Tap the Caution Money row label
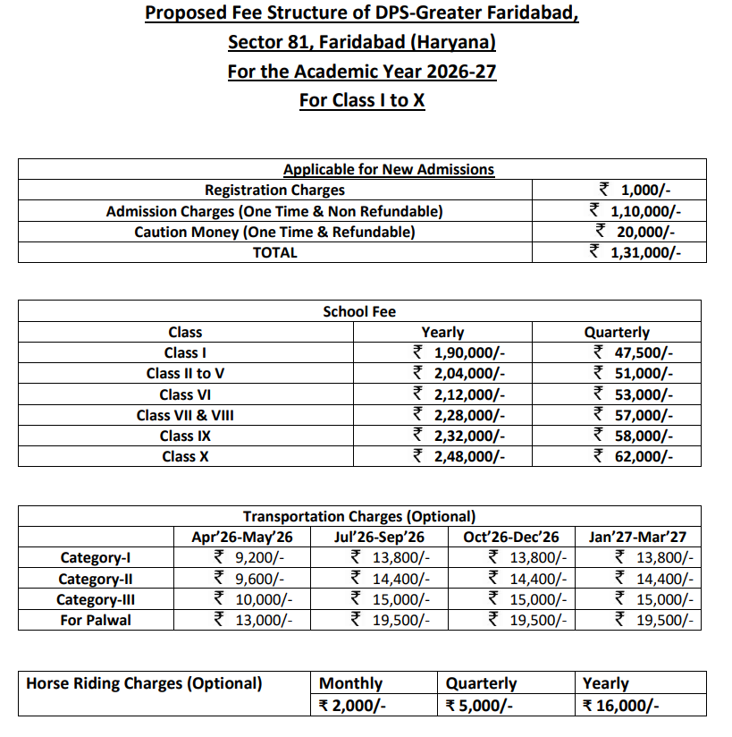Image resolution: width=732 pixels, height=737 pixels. coord(274,232)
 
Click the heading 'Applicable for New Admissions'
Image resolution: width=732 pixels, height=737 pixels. coord(388,169)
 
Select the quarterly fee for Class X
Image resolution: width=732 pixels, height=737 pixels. coord(634,456)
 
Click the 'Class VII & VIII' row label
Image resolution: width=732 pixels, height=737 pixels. coord(185,415)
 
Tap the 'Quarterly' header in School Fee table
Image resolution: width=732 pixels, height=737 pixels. coord(616,332)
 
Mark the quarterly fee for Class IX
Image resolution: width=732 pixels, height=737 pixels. coord(634,436)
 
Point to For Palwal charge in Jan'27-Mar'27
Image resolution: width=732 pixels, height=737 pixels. coord(653,620)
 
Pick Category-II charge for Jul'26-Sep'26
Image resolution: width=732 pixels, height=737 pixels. coord(390,579)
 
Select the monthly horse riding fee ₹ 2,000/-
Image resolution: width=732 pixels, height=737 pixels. coord(352,705)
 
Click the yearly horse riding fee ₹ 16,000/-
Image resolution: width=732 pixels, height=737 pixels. coord(620,705)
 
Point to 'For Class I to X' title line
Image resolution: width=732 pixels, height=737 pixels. coord(362,99)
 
